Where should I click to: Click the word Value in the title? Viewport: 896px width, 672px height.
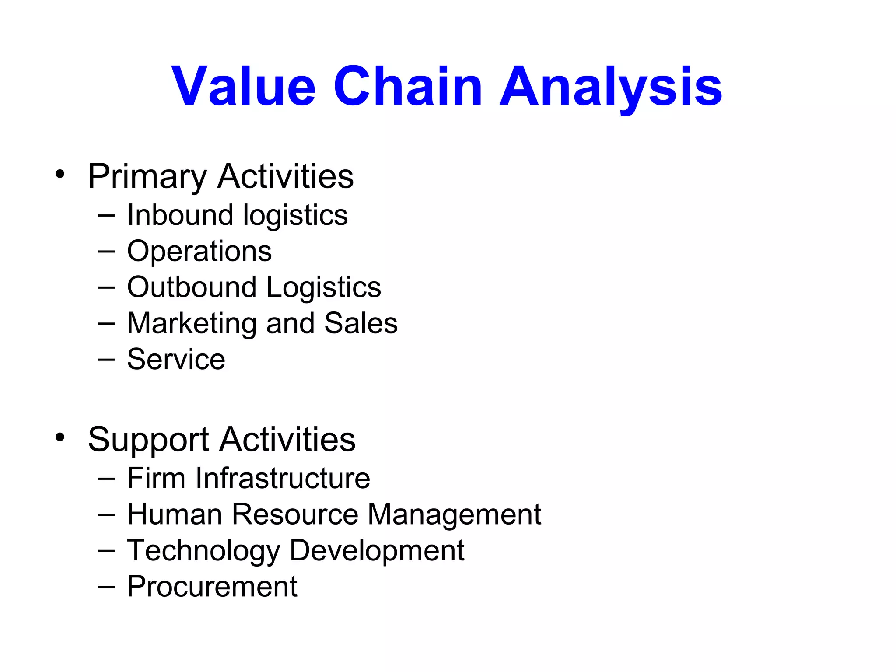[243, 86]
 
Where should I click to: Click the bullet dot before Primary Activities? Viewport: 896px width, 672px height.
[60, 174]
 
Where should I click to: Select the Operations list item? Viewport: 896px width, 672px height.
[199, 252]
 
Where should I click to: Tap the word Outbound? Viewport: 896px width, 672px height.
[192, 287]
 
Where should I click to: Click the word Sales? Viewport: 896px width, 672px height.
[361, 323]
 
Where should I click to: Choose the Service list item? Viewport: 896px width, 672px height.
[176, 360]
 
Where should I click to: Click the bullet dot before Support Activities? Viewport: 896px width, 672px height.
[60, 437]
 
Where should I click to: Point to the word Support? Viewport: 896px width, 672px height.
[148, 440]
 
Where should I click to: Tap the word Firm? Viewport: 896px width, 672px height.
[156, 478]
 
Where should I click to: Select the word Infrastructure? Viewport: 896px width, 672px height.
[283, 478]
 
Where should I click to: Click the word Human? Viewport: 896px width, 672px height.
[175, 514]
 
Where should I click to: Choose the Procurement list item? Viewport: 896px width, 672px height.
[212, 587]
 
